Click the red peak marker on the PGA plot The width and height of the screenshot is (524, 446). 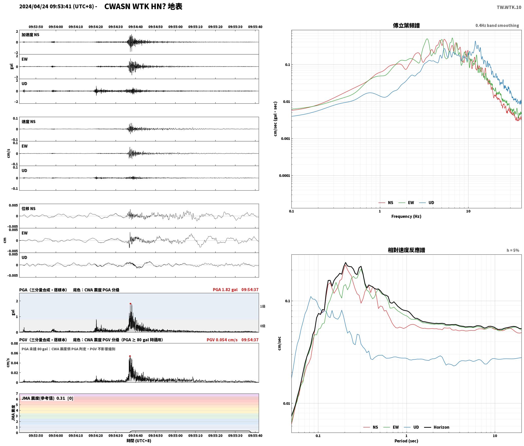click(130, 304)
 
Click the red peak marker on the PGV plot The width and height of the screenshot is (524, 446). click(130, 356)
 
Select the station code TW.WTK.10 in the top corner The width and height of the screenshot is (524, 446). click(509, 7)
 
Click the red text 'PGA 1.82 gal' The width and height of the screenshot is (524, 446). click(225, 290)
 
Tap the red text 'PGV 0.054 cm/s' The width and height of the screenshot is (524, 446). click(222, 340)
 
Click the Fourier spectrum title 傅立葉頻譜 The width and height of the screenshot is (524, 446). click(406, 25)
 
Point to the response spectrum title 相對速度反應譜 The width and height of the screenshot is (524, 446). click(406, 250)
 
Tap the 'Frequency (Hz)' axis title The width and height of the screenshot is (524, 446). click(406, 216)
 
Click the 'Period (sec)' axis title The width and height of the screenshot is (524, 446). click(406, 441)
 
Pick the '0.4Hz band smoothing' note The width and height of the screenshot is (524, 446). click(497, 26)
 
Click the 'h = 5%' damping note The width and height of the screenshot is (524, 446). click(513, 250)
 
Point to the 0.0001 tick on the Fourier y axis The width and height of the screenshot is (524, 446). click(284, 176)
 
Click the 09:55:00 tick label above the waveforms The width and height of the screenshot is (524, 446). click(176, 27)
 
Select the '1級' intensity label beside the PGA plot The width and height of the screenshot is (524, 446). click(263, 307)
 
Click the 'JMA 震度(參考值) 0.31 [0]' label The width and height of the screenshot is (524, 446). click(47, 398)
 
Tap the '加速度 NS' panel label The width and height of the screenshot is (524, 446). click(30, 35)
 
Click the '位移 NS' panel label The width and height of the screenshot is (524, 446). click(29, 209)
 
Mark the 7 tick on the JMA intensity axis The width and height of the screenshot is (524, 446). click(17, 394)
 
